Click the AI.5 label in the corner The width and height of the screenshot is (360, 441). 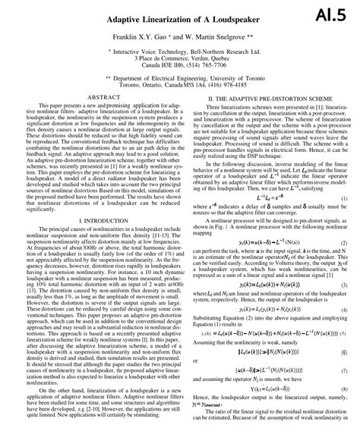(x=333, y=16)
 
